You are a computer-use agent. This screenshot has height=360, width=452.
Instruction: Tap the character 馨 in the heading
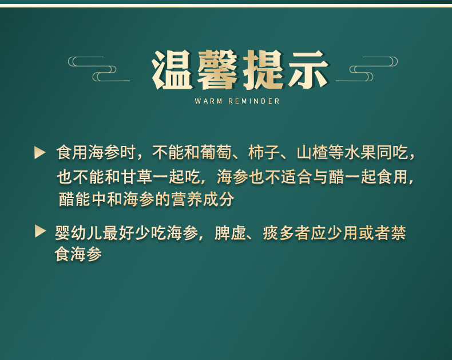coord(217,71)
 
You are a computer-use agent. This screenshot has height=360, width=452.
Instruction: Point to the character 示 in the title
coord(308,71)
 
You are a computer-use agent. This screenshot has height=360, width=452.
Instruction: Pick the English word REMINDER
coord(254,101)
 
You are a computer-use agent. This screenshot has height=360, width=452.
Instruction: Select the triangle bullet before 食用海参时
coord(39,152)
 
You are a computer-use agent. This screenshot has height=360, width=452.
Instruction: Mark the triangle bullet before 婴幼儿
coord(39,231)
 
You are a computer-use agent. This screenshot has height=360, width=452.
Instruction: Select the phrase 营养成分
coord(211,200)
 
